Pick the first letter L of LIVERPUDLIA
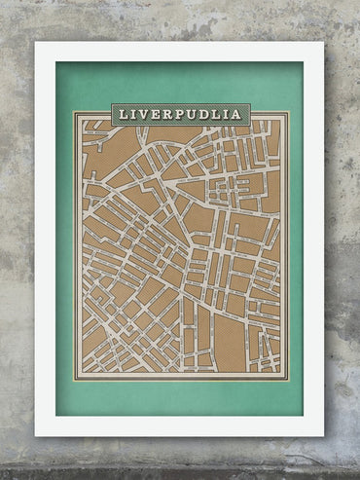coord(123,114)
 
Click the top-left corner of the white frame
coord(36,42)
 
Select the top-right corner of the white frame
coord(324,42)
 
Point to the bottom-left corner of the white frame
coord(36,435)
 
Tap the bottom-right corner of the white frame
coord(324,435)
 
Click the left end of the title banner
coord(112,114)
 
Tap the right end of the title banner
coord(251,114)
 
